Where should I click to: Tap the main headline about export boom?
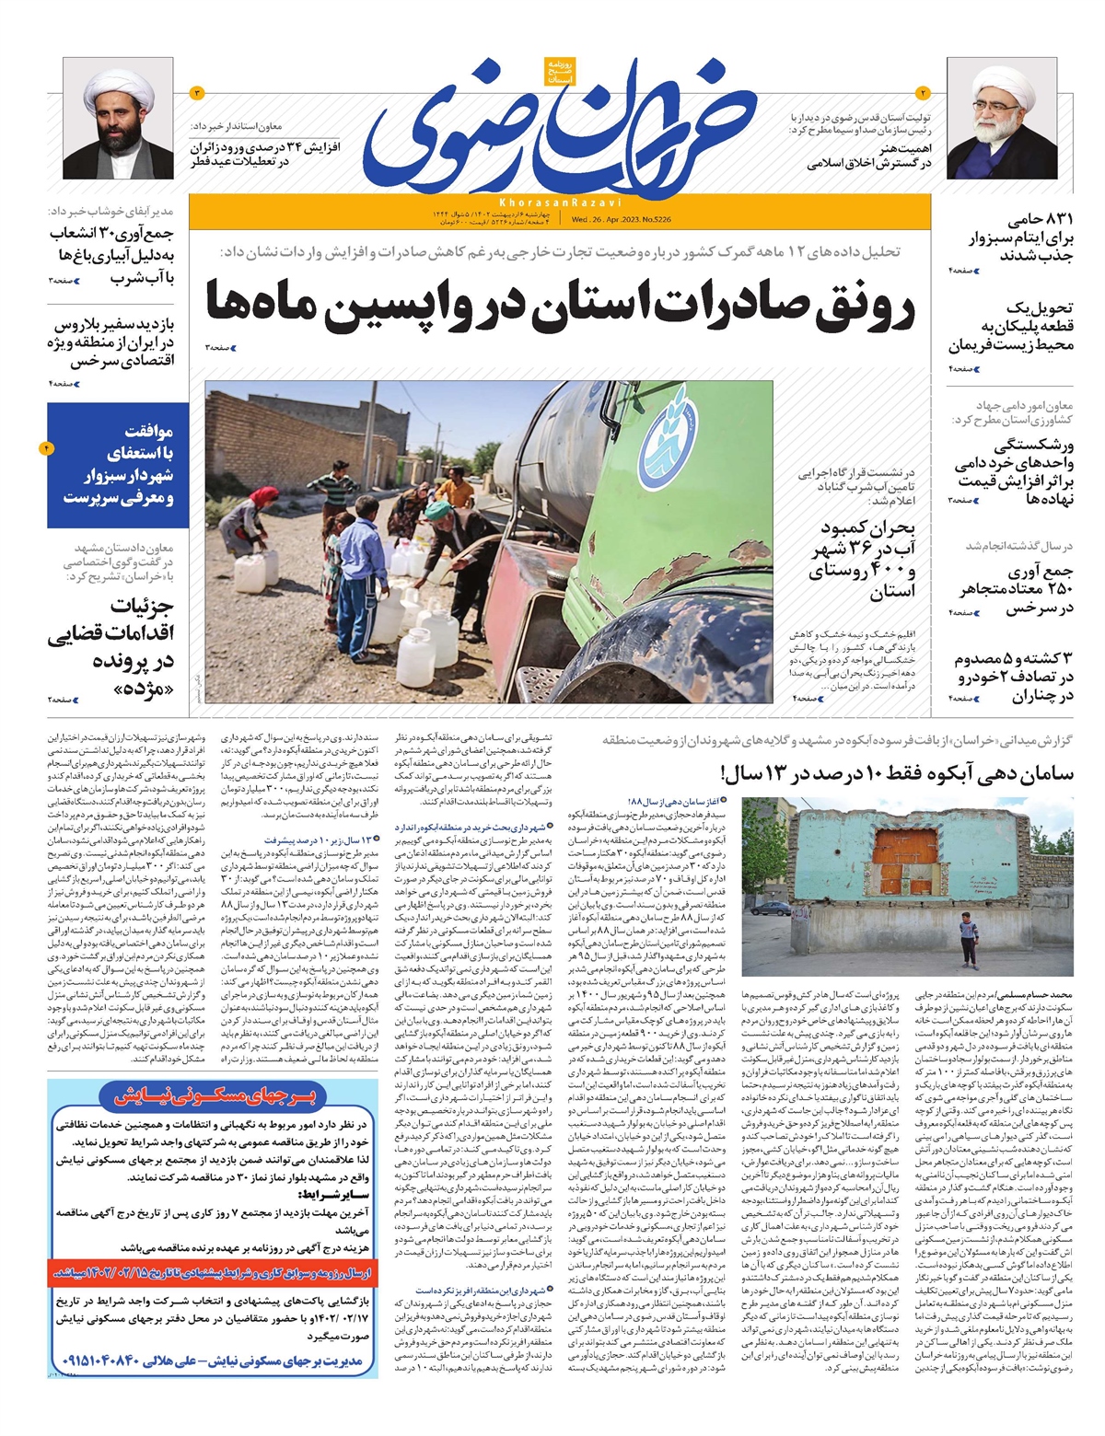click(560, 307)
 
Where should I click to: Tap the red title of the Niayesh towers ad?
click(214, 1095)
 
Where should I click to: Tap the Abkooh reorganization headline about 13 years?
click(898, 772)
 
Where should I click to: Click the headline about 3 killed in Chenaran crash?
click(1013, 677)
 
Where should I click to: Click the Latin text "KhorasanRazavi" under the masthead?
click(561, 202)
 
